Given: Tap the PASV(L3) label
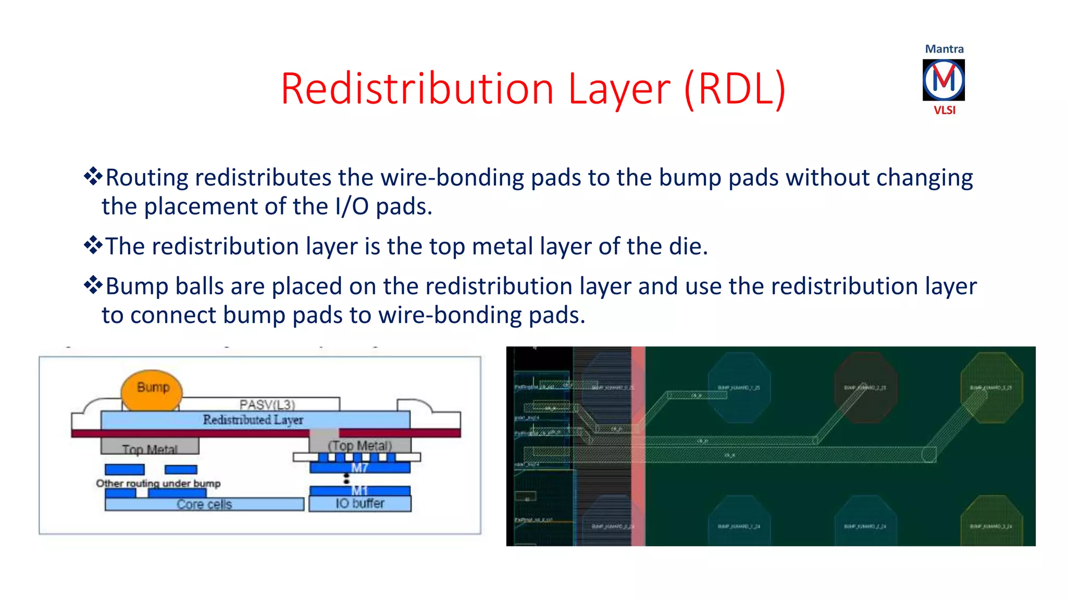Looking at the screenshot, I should coord(267,404).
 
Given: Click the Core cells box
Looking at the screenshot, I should coord(204,504).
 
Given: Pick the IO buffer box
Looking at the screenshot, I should coord(359,504).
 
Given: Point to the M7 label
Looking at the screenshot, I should coord(359,468).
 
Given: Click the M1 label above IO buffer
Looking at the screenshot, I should coord(359,490).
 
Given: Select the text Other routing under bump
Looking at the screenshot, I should coord(158,483).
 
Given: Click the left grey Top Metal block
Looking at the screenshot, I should coord(150,447).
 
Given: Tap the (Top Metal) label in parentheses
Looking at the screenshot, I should coord(359,445).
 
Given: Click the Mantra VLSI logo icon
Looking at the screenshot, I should coord(944,80).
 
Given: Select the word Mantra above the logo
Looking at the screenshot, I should coord(944,49).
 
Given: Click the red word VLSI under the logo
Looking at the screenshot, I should coord(944,110).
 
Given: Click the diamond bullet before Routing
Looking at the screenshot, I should coord(93,177).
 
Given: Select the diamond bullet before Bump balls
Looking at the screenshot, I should coord(93,285).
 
